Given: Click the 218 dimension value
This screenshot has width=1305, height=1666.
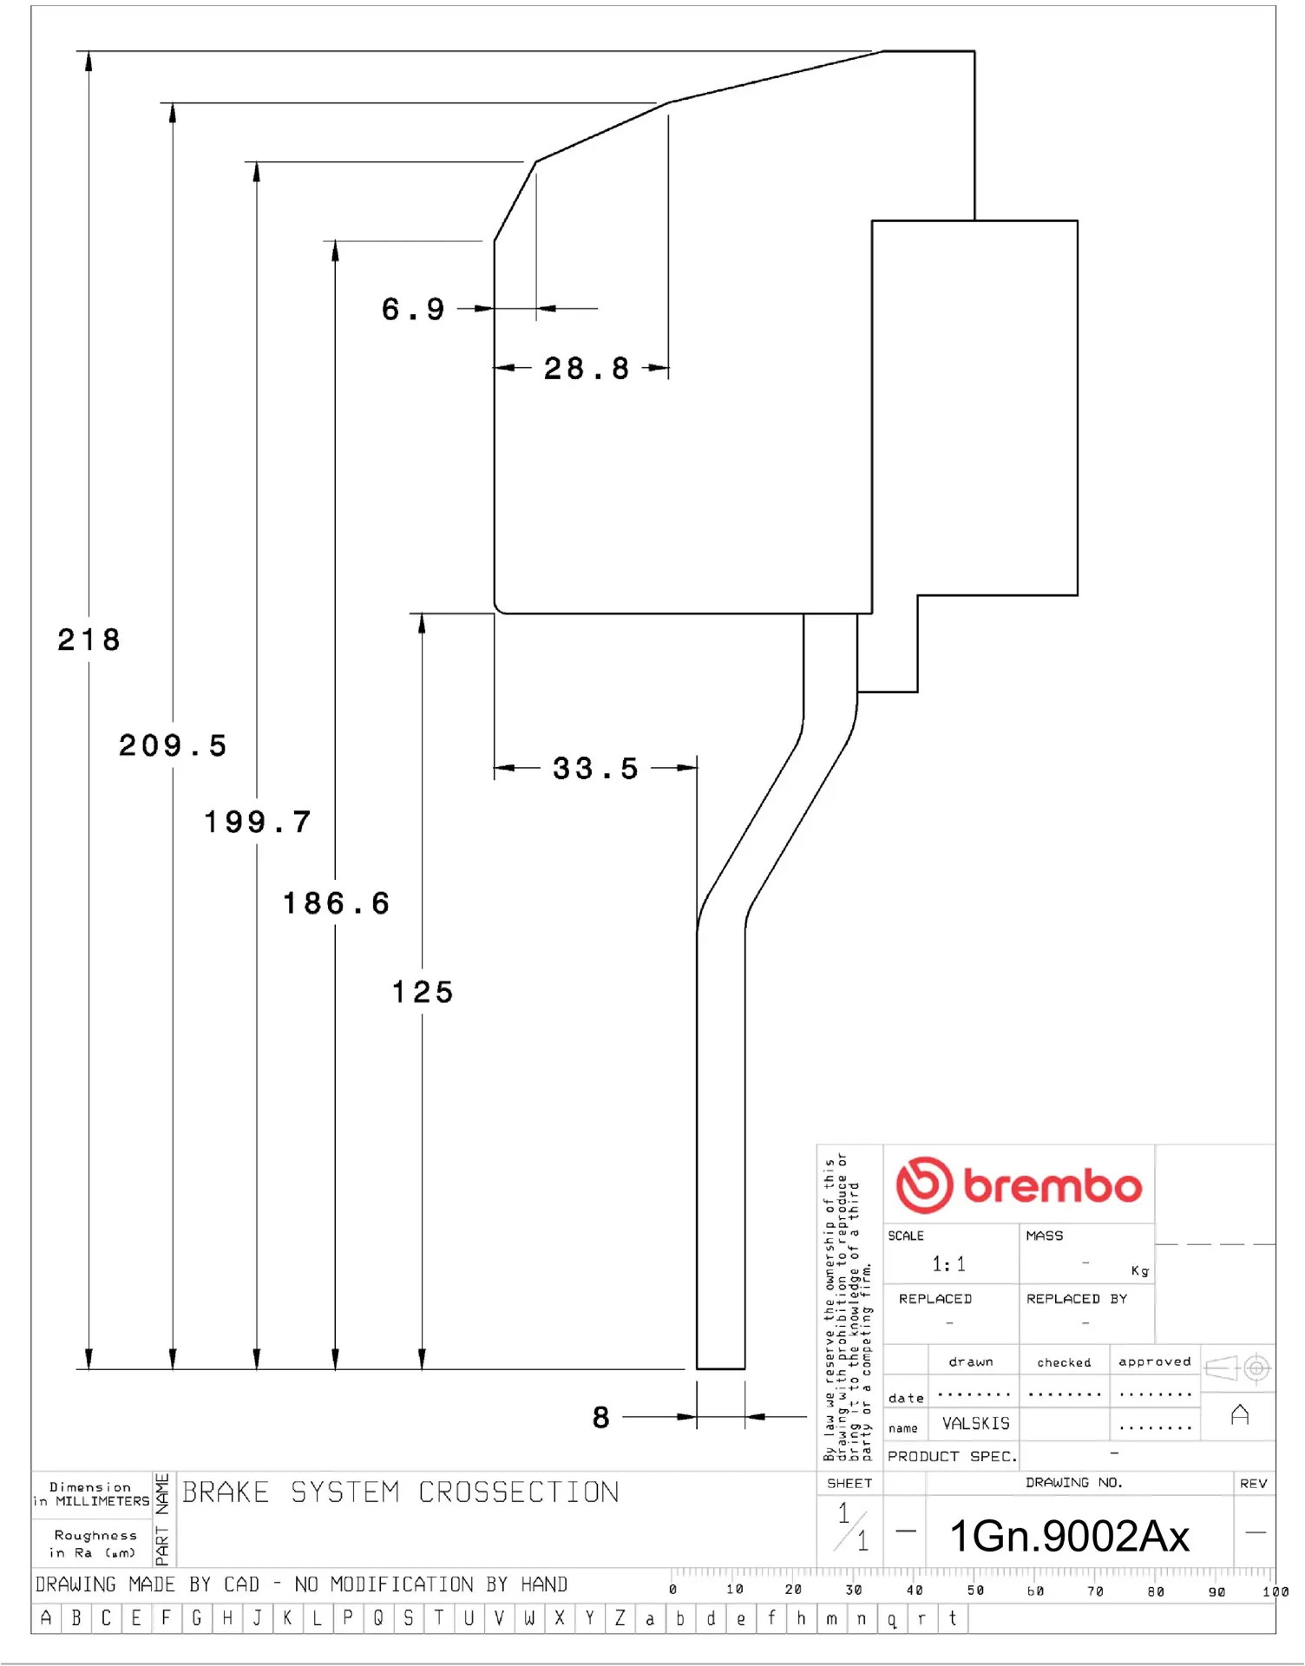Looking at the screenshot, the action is click(x=89, y=640).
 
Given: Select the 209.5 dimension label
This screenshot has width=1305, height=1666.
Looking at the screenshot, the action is click(x=173, y=746).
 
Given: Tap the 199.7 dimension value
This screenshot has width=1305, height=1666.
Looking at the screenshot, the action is click(x=257, y=823).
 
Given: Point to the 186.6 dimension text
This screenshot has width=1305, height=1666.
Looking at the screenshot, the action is click(x=336, y=904).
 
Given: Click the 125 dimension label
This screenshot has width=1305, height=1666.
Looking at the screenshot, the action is click(x=423, y=993).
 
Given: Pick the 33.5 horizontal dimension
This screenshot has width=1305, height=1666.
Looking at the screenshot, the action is click(x=595, y=769).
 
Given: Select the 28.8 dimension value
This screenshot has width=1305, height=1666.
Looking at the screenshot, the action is click(x=587, y=369).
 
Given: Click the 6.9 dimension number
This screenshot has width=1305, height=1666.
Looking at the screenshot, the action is click(x=413, y=310).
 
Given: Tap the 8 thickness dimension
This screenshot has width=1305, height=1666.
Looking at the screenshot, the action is click(x=601, y=1418).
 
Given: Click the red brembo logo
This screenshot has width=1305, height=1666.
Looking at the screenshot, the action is click(x=1019, y=1185).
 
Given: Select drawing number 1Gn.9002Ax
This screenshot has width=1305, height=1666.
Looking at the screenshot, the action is click(x=1069, y=1537).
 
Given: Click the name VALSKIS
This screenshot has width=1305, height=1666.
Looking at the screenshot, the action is click(x=976, y=1424).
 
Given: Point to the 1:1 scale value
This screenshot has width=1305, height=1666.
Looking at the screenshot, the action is click(x=948, y=1264).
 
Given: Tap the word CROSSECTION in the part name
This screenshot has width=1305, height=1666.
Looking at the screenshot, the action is click(x=519, y=1492).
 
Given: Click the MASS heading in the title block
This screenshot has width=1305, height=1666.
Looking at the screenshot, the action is click(x=1044, y=1236).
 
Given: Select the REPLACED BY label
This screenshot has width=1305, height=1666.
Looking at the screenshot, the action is click(x=1076, y=1299).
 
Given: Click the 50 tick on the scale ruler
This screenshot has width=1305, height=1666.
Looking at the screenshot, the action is click(x=975, y=1591).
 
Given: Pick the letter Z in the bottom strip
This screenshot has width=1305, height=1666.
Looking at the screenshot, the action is click(x=620, y=1618).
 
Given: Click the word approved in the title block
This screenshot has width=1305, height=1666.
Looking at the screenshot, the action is click(x=1154, y=1362).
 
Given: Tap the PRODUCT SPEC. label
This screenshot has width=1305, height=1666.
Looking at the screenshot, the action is click(x=952, y=1457).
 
